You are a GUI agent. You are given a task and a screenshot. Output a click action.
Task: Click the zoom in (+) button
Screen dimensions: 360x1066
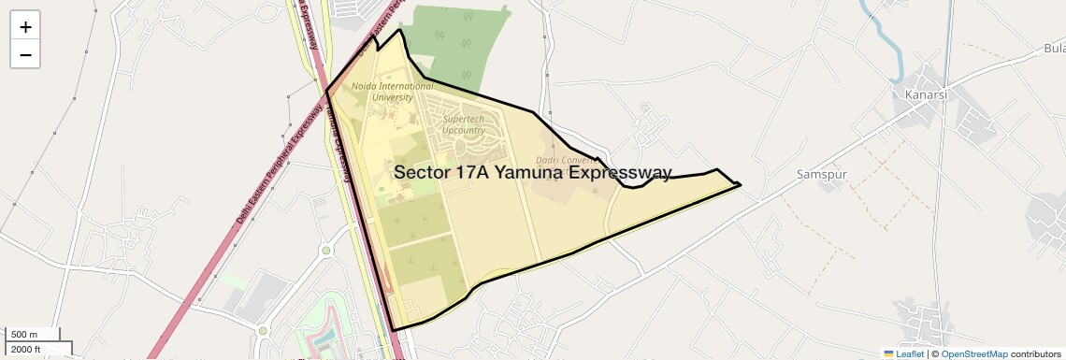[25, 27]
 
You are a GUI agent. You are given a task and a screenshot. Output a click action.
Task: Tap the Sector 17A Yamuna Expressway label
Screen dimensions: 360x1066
[532, 173]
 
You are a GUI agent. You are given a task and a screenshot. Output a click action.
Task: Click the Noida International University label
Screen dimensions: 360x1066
[392, 92]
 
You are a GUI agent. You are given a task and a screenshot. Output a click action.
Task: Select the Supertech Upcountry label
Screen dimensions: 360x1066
[464, 125]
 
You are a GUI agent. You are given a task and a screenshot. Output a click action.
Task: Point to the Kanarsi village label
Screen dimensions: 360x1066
[926, 95]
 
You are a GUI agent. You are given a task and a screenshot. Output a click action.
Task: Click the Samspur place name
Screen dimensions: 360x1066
[820, 174]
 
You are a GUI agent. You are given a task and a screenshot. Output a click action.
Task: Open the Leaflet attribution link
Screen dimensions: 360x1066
[903, 353]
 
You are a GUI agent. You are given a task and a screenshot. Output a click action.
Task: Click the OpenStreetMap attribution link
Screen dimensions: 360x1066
[974, 353]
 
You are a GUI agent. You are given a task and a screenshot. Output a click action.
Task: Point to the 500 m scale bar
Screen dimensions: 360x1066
[34, 335]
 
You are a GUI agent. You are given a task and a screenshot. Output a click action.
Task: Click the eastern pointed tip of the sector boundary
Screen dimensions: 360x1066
[740, 184]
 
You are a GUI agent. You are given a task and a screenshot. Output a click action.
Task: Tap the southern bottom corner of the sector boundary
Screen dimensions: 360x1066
[393, 330]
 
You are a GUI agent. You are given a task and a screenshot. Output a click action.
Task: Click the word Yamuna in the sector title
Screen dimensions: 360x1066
[529, 173]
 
